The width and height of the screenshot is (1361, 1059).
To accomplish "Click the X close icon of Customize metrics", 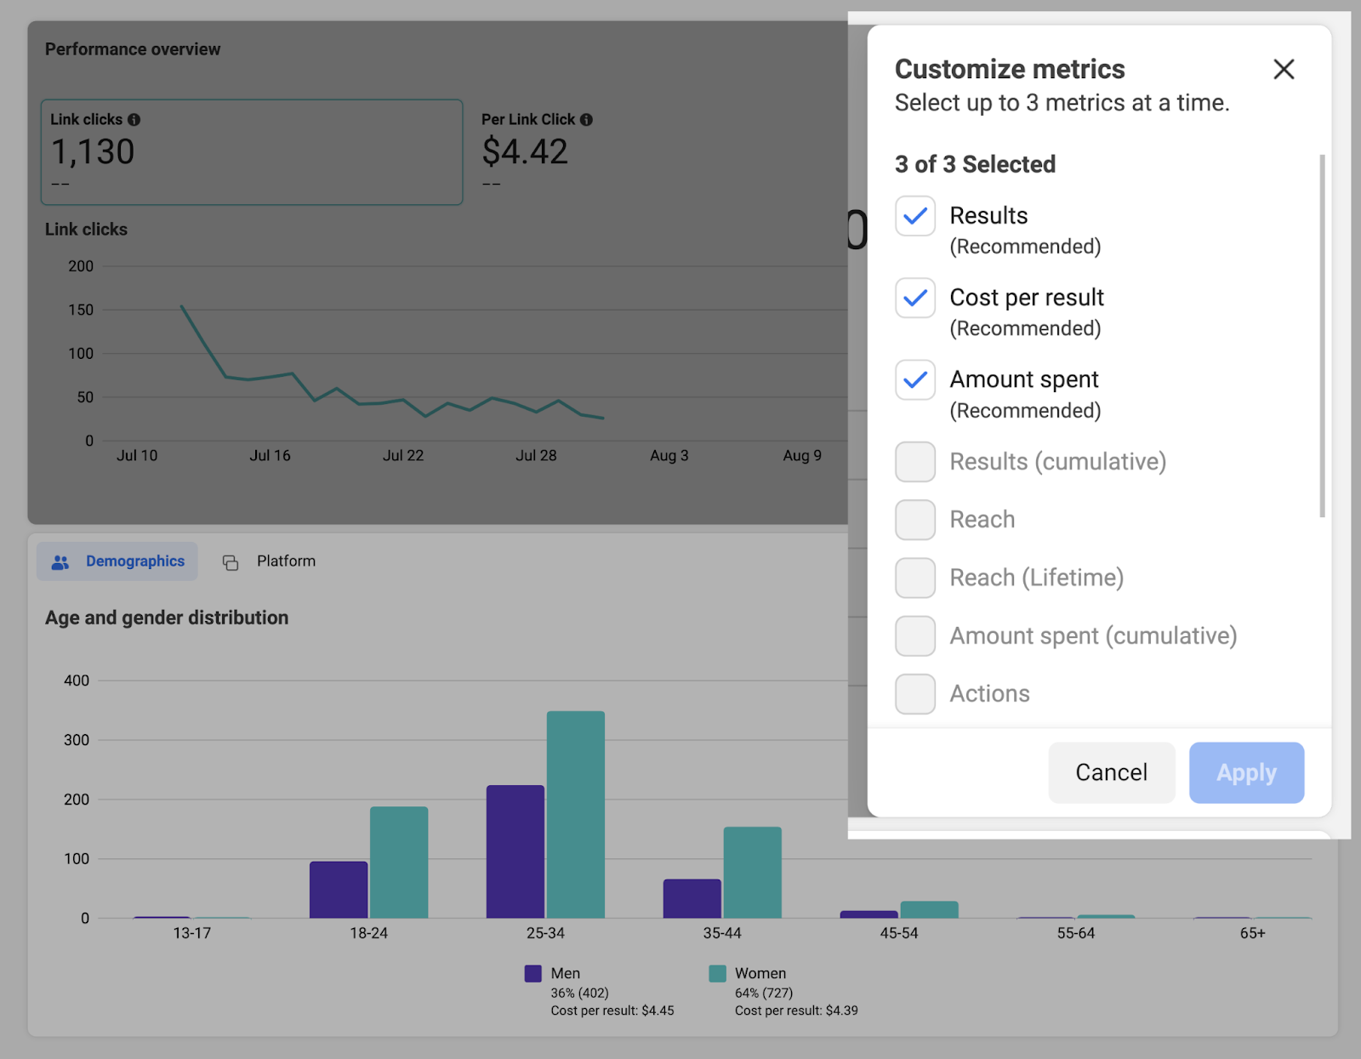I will [x=1284, y=69].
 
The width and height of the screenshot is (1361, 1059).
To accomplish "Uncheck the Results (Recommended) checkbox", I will [x=915, y=216].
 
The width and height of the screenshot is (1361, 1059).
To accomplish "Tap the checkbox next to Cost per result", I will [x=915, y=298].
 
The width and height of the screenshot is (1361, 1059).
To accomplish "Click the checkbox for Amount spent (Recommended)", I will [x=915, y=379].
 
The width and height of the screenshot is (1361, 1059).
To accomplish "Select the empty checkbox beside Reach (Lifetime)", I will [x=915, y=578].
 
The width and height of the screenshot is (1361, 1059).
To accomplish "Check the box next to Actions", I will [x=915, y=694].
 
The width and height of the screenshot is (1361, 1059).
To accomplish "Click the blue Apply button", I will [x=1246, y=772].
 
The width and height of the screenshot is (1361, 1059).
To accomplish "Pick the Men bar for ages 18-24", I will [x=339, y=890].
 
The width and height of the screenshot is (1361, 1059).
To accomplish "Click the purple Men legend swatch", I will [x=533, y=973].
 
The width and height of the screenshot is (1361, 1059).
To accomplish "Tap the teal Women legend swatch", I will [x=717, y=973].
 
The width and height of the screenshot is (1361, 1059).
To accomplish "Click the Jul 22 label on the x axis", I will [x=403, y=456].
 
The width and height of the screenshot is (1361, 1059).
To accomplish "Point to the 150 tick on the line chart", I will [x=81, y=310].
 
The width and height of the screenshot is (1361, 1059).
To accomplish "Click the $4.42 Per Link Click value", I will [x=525, y=152].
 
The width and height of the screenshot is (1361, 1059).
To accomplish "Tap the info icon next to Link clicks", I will [x=134, y=120].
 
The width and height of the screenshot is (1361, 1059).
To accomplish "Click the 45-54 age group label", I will [x=898, y=933].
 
